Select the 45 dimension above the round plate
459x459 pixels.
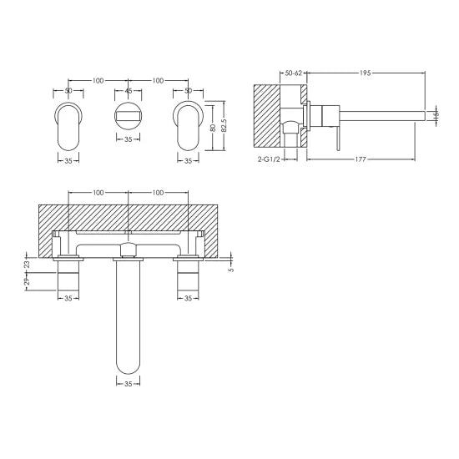pos(128,91)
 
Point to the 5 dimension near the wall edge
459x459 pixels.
pos(230,269)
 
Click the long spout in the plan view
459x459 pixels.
pos(128,317)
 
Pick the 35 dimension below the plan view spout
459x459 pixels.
pos(128,386)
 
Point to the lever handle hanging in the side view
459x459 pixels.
pos(338,134)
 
